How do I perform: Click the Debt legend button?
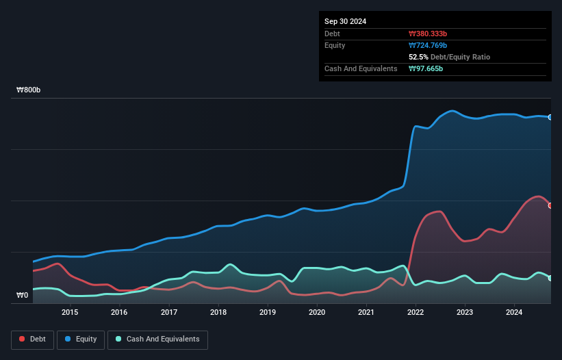click(32, 339)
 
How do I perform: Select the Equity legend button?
click(81, 339)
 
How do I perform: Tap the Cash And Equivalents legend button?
click(157, 339)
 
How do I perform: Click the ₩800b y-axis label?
click(29, 90)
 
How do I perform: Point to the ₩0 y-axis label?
click(23, 296)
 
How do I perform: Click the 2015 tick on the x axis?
click(70, 312)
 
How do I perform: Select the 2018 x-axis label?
click(218, 312)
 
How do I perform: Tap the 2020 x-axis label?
click(317, 312)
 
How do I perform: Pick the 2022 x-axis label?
click(416, 312)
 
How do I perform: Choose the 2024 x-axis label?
click(514, 312)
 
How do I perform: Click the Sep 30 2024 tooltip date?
click(345, 21)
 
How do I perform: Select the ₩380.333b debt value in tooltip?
click(428, 34)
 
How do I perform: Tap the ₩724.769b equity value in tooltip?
click(428, 45)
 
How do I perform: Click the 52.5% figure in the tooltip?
click(420, 57)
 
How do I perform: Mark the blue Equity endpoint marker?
click(550, 117)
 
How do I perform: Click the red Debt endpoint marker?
click(550, 205)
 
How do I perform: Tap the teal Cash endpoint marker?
click(550, 278)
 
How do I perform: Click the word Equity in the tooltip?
click(335, 45)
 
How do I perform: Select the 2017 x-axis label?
click(169, 312)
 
